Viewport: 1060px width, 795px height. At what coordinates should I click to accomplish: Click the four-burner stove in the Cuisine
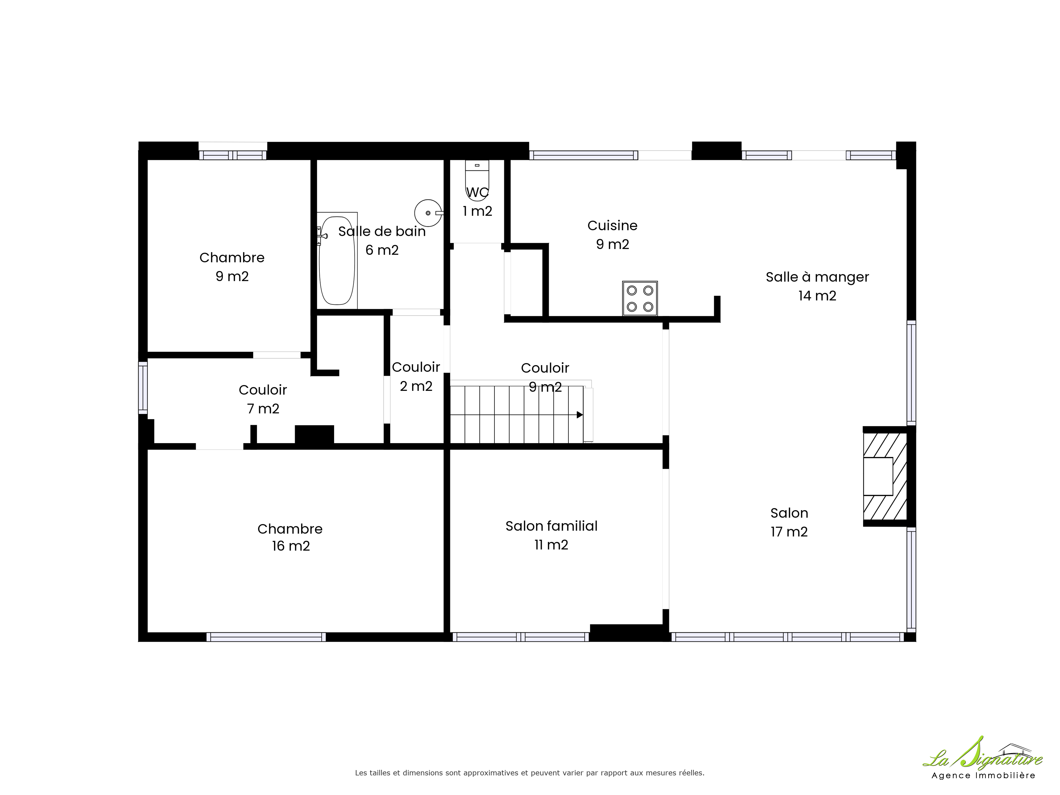(x=640, y=298)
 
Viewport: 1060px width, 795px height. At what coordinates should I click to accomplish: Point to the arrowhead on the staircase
(x=580, y=414)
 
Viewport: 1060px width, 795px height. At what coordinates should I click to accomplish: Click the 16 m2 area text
(x=291, y=546)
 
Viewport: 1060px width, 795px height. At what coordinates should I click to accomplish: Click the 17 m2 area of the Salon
(x=789, y=532)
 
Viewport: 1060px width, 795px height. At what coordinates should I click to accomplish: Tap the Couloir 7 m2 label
(x=263, y=399)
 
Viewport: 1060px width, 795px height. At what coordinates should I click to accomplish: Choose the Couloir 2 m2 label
(x=416, y=376)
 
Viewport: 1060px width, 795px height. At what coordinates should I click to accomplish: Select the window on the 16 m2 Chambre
(x=266, y=637)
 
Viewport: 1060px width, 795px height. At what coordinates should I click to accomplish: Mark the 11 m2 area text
(x=551, y=545)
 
